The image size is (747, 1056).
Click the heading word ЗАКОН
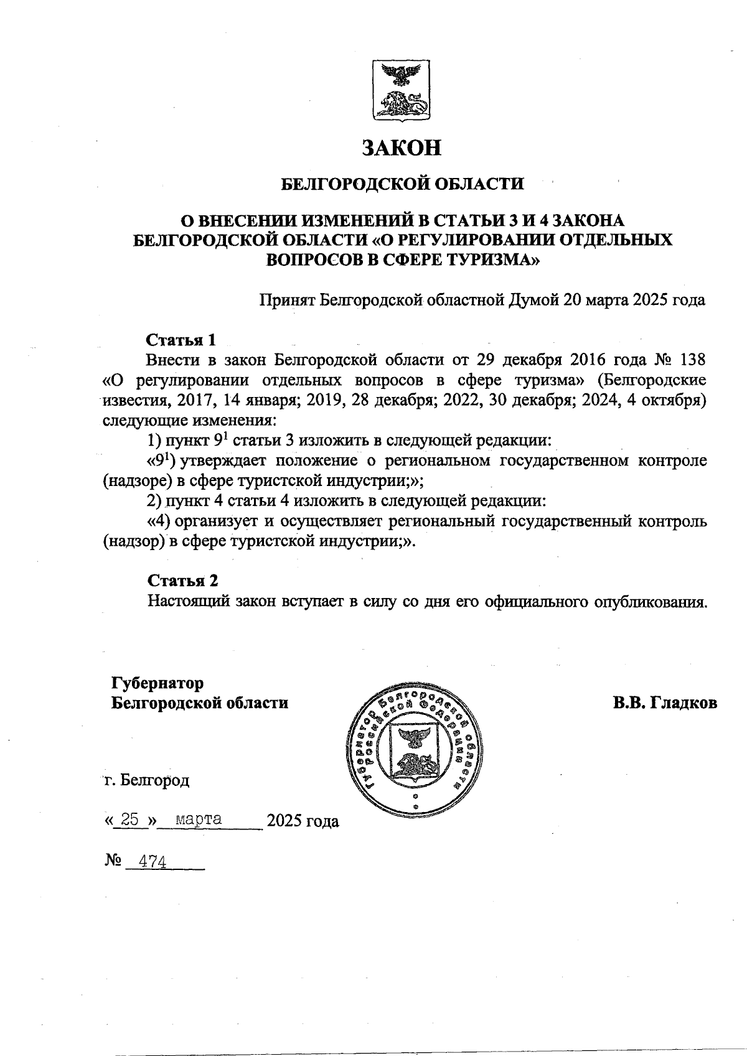402,147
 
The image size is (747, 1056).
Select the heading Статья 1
182,340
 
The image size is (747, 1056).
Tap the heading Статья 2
183,581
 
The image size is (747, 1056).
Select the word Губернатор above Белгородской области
157,683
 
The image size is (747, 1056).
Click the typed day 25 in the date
129,820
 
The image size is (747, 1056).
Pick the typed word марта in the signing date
199,819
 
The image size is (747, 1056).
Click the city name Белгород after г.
154,780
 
